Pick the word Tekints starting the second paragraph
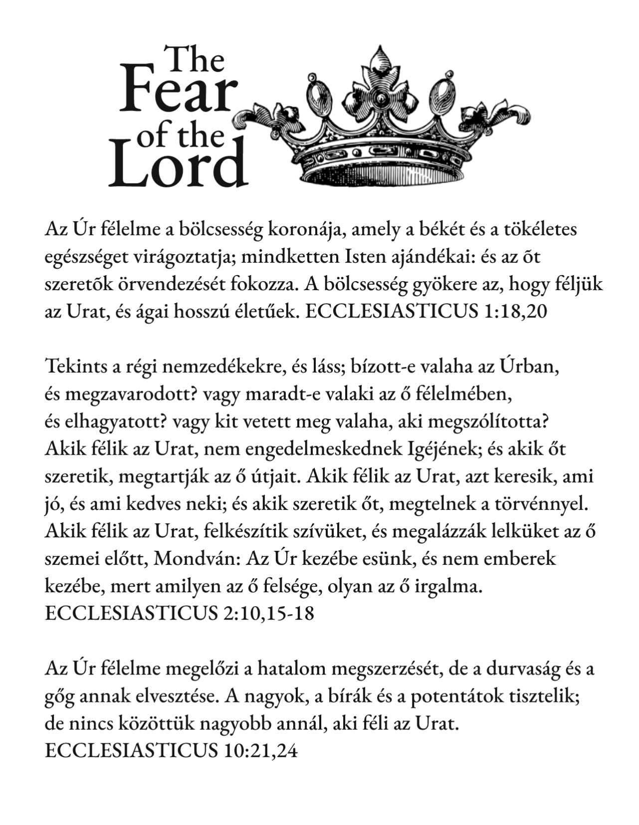(74, 367)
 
